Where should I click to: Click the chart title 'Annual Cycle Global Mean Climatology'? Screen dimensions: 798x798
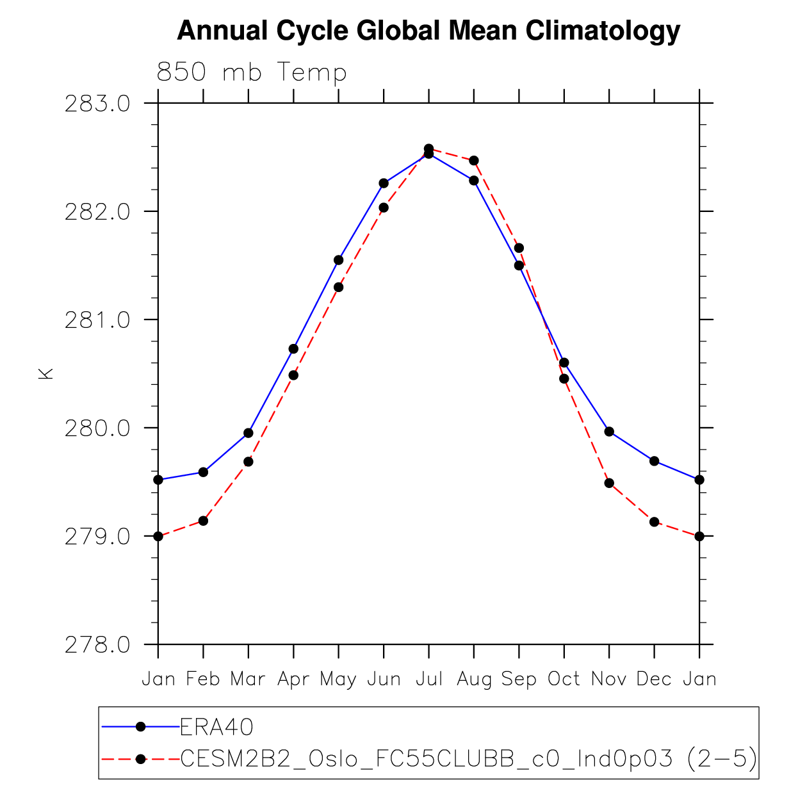428,31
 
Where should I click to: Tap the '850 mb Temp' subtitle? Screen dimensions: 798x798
251,72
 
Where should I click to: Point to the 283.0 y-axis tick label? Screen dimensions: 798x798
97,104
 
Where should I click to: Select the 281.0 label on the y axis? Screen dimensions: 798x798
97,320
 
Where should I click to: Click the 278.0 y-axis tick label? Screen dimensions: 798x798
97,644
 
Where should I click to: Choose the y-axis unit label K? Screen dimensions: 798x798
46,373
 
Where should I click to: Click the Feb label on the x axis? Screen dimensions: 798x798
203,679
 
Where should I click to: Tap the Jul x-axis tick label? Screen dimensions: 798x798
428,679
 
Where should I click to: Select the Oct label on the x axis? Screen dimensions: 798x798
564,679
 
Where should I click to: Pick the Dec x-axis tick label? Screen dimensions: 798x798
654,679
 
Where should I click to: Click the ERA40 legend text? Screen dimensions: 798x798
217,727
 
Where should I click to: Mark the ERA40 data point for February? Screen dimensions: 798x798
203,472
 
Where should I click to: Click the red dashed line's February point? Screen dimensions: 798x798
203,521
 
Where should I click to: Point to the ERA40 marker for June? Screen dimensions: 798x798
384,183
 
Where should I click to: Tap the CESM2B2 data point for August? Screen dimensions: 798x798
474,160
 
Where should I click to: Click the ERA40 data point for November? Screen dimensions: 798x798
609,432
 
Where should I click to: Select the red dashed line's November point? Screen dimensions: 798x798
609,483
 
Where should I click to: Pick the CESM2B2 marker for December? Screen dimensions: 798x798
654,522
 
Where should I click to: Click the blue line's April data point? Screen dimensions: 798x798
293,349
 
